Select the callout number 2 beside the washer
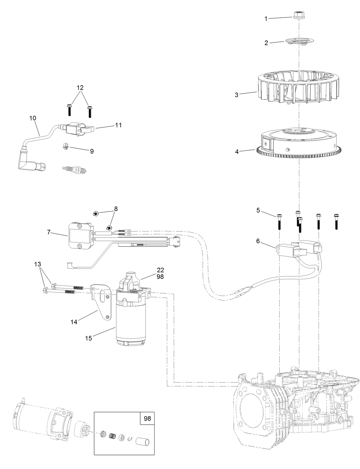[266, 43]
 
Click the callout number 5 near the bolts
[258, 210]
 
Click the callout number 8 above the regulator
[116, 209]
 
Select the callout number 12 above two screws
[80, 87]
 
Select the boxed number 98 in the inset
[147, 419]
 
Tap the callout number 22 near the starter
[160, 270]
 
